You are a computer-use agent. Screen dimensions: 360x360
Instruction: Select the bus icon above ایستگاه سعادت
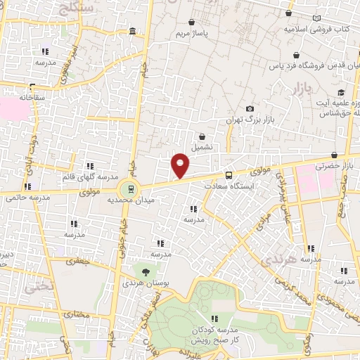(x=229, y=175)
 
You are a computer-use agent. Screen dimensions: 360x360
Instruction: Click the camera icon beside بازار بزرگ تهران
(x=250, y=108)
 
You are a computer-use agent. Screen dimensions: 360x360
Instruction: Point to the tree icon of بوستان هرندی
(x=146, y=271)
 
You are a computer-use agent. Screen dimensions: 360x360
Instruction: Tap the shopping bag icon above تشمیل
(x=202, y=136)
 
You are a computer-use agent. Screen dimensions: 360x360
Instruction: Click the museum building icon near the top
(x=134, y=31)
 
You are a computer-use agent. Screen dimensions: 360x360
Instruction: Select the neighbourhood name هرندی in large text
(x=269, y=261)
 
